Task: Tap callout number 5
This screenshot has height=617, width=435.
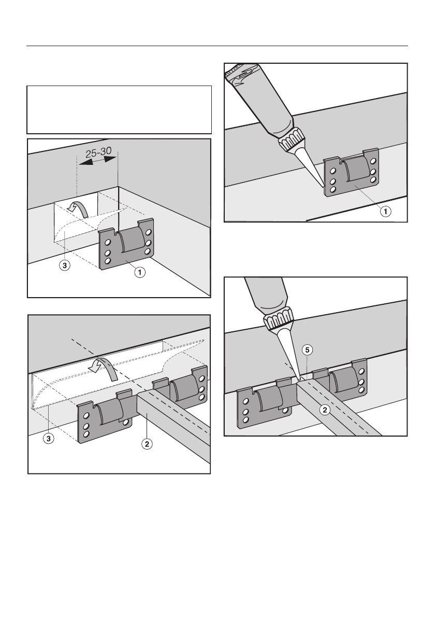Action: (307, 350)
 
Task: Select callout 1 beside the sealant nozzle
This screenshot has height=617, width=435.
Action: (386, 211)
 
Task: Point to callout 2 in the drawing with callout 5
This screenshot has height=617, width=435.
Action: (325, 411)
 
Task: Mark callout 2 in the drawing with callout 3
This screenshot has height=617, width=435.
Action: (148, 444)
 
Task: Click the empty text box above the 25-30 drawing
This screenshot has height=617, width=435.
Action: (119, 110)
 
